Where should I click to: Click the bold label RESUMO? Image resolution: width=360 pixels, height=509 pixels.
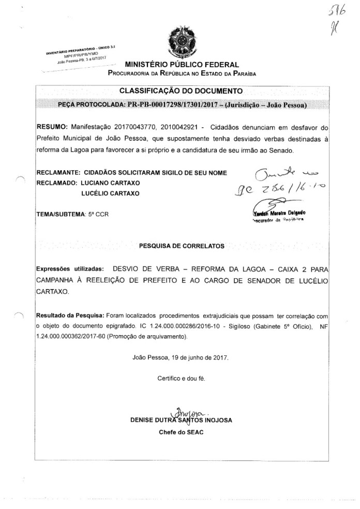click(x=52, y=126)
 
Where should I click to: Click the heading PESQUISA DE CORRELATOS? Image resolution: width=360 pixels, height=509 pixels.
click(x=182, y=246)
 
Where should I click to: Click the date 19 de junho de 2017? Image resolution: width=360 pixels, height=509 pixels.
click(x=197, y=357)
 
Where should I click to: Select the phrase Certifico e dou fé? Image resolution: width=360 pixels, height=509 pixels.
click(x=181, y=378)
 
